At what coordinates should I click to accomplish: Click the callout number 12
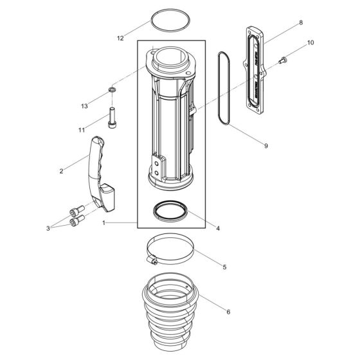tap(120, 39)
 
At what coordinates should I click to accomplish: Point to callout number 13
tap(84, 105)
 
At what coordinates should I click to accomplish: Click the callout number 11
tap(82, 130)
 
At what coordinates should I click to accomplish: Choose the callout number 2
tap(61, 171)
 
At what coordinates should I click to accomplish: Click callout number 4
tap(218, 228)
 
